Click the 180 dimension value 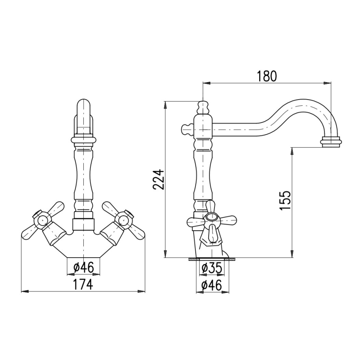tap(266, 76)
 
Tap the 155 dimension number tap(285, 200)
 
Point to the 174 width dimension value tap(83, 285)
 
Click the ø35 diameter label tap(212, 268)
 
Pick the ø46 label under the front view tap(83, 268)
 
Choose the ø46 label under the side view tap(212, 285)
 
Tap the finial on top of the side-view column tap(203, 107)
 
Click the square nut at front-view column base tap(83, 224)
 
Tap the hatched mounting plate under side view tap(212, 260)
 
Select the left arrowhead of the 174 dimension tap(23, 292)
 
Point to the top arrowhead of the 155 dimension tap(292, 149)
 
